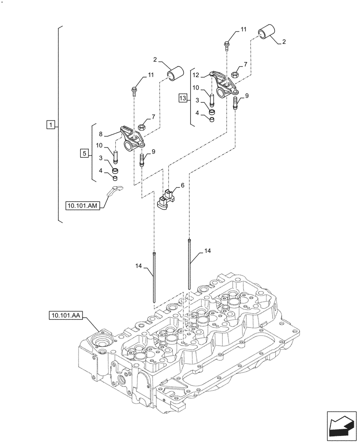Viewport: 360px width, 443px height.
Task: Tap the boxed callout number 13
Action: (x=183, y=98)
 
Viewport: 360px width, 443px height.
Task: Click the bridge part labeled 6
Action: (x=166, y=199)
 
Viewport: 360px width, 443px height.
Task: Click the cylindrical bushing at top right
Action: (x=267, y=34)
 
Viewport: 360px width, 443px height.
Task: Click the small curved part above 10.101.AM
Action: (x=115, y=190)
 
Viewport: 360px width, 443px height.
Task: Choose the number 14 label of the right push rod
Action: (x=207, y=251)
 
